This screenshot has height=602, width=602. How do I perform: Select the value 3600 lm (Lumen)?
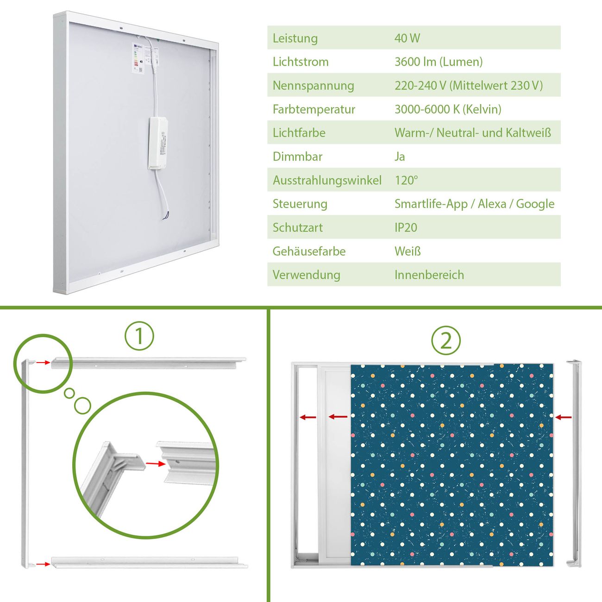(x=438, y=62)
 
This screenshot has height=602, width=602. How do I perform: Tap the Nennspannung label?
(x=313, y=86)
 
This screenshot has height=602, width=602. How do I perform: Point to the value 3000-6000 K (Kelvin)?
(x=448, y=109)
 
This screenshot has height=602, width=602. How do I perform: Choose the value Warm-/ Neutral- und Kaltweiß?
(x=472, y=133)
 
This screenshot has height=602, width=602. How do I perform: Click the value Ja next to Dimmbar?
(x=400, y=157)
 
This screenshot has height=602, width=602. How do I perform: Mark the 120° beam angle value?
(x=406, y=180)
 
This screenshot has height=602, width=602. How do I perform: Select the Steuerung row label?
(x=300, y=204)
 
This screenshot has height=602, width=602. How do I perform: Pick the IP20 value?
(x=406, y=227)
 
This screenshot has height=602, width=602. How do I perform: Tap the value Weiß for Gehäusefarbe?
(x=408, y=251)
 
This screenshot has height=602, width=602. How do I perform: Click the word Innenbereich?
(x=429, y=275)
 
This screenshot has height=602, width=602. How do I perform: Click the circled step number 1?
(x=139, y=336)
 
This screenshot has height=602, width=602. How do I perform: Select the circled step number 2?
(x=446, y=340)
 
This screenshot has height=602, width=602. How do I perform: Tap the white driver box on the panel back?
(x=158, y=144)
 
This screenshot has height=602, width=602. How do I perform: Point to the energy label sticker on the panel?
(x=138, y=58)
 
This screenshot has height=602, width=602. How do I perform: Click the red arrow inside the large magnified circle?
(x=156, y=464)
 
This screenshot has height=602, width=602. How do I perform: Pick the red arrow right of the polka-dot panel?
(x=564, y=417)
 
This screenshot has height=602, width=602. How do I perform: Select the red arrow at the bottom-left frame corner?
(x=43, y=564)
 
